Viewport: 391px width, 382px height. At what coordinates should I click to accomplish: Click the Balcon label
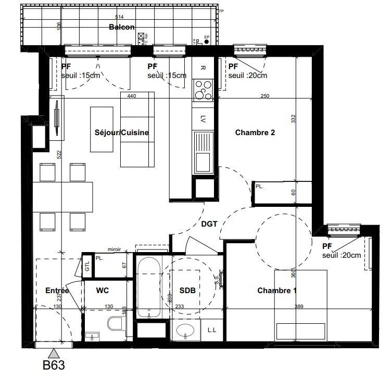tap(121, 28)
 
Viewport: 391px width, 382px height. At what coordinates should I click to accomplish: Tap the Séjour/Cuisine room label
tap(122, 133)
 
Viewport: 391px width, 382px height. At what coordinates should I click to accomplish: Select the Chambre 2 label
tap(255, 133)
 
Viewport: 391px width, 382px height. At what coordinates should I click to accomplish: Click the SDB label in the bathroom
tap(187, 291)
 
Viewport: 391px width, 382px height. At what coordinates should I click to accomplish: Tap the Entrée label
tap(57, 291)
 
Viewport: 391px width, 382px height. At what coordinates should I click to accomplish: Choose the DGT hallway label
tap(209, 224)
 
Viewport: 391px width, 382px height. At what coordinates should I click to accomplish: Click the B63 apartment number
tap(53, 366)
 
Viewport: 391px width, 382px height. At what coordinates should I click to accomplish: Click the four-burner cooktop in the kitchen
tap(203, 90)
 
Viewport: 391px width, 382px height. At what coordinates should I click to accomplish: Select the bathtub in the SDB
tap(148, 287)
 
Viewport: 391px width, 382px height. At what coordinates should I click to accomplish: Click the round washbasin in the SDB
tap(185, 331)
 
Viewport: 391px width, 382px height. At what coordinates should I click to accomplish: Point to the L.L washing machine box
tap(212, 330)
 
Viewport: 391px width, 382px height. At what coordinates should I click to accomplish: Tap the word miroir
tap(114, 249)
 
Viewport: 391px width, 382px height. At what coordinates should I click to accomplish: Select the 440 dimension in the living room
tap(131, 96)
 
